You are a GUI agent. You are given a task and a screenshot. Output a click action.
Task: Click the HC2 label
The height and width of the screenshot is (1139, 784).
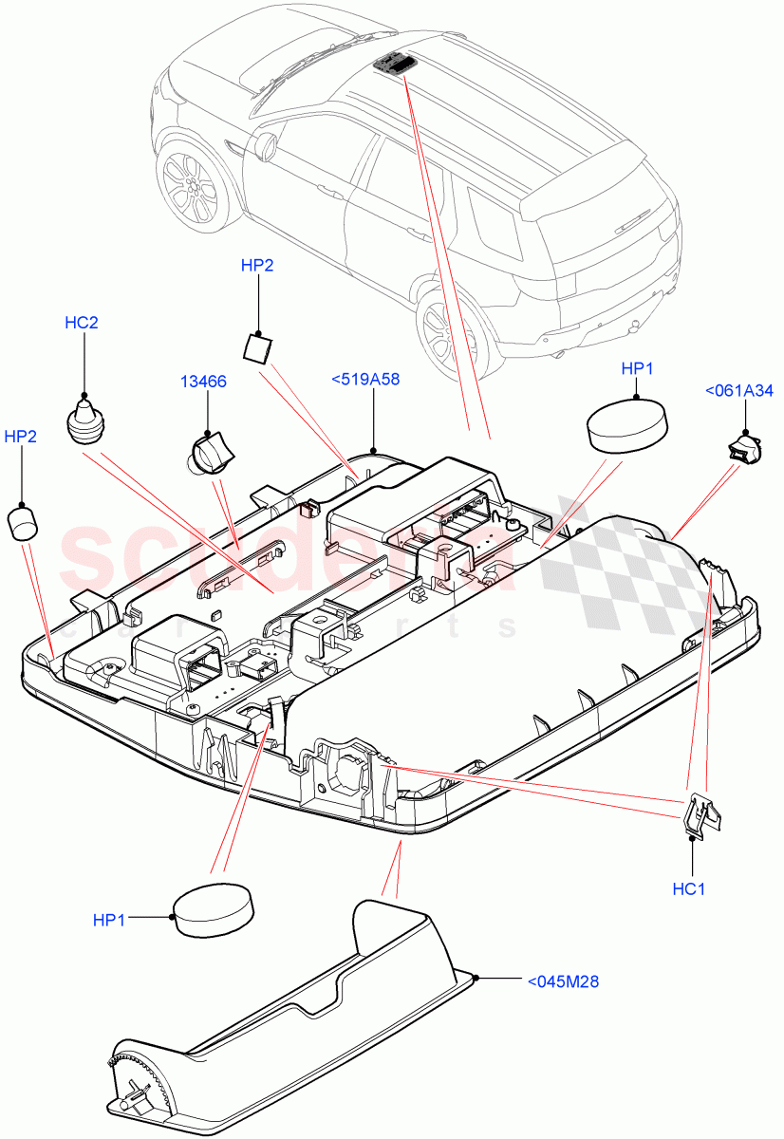[x=81, y=323]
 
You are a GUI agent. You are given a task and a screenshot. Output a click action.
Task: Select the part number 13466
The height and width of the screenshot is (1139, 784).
[x=204, y=382]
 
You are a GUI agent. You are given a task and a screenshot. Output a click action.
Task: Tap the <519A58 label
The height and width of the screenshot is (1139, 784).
[x=365, y=379]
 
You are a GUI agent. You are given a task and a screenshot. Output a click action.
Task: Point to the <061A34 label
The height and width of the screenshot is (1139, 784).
[x=738, y=389]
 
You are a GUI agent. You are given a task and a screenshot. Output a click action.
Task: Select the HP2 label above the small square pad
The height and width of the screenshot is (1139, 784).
[x=257, y=266]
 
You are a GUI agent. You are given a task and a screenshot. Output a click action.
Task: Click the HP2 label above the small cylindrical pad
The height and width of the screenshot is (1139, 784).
[x=21, y=437]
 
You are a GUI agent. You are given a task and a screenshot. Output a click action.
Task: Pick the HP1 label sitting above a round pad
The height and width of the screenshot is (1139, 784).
[x=637, y=367]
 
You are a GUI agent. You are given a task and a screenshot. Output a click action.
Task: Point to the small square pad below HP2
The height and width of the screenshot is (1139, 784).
[x=256, y=347]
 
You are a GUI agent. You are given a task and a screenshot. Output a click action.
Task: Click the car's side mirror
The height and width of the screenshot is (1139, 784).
[x=264, y=145]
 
